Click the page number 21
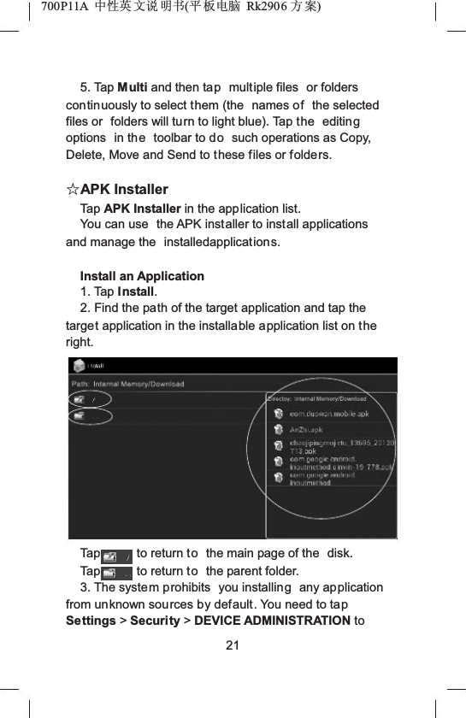click(233, 644)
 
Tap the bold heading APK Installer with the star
click(124, 189)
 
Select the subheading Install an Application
click(142, 276)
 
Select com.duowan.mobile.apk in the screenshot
click(328, 414)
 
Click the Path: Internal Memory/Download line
click(128, 384)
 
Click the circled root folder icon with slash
click(81, 399)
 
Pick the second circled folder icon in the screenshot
click(80, 416)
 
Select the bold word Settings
click(91, 620)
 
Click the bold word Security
click(153, 620)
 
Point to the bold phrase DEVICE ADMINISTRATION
click(273, 620)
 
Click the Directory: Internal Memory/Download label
click(317, 399)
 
